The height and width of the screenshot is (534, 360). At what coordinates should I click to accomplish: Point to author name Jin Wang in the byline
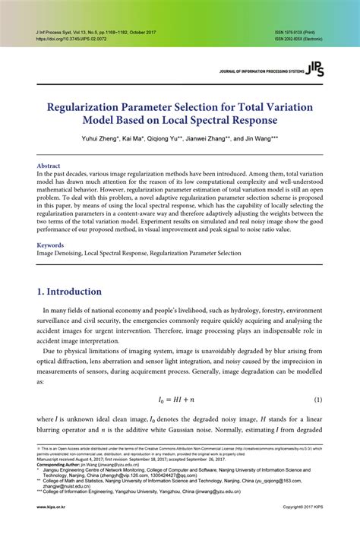pos(261,138)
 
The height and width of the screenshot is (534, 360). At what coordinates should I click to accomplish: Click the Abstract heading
pos(49,164)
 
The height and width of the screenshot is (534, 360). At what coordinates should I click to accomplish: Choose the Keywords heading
pos(51,245)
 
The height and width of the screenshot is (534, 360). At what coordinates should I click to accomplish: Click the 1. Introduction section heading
pos(69,292)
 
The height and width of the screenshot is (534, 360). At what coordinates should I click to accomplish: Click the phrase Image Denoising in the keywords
pos(59,254)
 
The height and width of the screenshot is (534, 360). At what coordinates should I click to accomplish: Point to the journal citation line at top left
pos(95,33)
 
